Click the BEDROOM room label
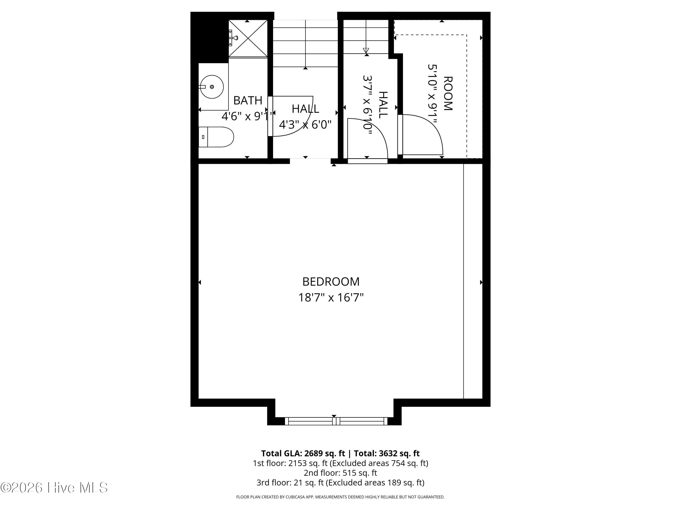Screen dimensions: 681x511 pyautogui.click(x=331, y=282)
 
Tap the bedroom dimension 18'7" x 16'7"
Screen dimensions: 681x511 pyautogui.click(x=331, y=298)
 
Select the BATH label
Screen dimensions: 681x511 pyautogui.click(x=248, y=100)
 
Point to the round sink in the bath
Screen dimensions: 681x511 pyautogui.click(x=212, y=87)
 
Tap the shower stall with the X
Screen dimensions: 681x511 pyautogui.click(x=248, y=39)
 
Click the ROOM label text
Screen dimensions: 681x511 pyautogui.click(x=448, y=93)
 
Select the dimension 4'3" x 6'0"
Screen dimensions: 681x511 pyautogui.click(x=305, y=125)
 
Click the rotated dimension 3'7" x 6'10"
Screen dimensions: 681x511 pyautogui.click(x=368, y=105)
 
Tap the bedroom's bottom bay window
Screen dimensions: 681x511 pyautogui.click(x=336, y=421)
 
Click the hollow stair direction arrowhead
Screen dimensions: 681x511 pyautogui.click(x=366, y=50)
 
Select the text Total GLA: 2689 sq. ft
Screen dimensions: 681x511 pyautogui.click(x=303, y=453)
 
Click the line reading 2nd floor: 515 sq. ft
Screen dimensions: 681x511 pyautogui.click(x=340, y=473)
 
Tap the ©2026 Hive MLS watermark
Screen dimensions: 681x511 pyautogui.click(x=54, y=488)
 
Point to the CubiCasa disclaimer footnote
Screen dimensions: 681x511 pyautogui.click(x=340, y=497)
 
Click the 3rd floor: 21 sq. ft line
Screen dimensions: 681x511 pyautogui.click(x=340, y=482)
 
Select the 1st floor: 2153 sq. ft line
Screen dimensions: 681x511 pyautogui.click(x=340, y=463)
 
